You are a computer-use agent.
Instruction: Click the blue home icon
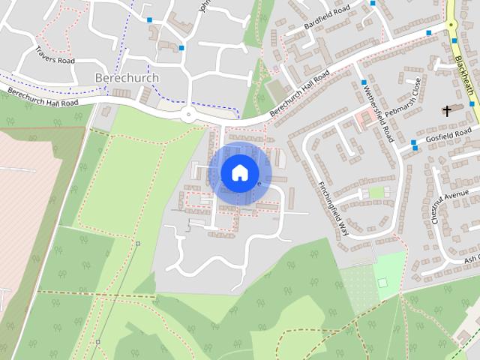point(239,172)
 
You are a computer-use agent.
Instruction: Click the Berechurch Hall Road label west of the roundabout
point(43,97)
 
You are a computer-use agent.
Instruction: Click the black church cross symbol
point(448,111)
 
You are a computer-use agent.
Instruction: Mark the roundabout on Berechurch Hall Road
point(187,115)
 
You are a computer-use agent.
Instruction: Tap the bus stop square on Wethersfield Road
point(364,82)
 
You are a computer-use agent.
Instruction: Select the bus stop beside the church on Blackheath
point(472,104)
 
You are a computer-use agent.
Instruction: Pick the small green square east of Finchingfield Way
point(376,193)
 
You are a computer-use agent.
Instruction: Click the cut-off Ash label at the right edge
point(471,259)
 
